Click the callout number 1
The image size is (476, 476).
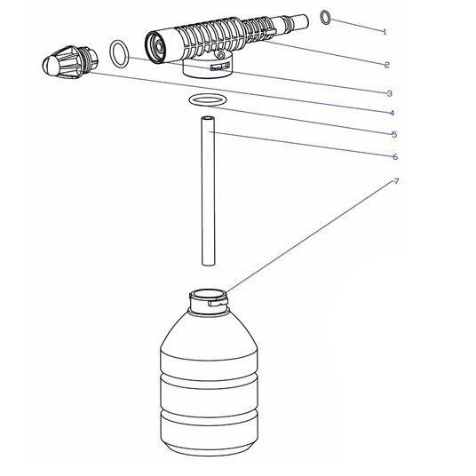tap(385, 32)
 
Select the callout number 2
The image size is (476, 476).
tap(387, 65)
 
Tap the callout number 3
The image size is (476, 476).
tap(390, 93)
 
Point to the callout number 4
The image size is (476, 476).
tap(392, 114)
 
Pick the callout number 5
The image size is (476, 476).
tap(394, 134)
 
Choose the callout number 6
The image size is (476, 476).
tap(395, 157)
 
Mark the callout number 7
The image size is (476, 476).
tap(396, 181)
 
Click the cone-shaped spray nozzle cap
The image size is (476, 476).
tap(70, 62)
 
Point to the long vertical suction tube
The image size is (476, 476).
tap(208, 191)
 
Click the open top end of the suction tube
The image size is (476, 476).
tap(208, 118)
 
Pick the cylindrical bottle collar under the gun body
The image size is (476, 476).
tap(208, 67)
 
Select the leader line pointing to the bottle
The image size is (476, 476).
tap(310, 236)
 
